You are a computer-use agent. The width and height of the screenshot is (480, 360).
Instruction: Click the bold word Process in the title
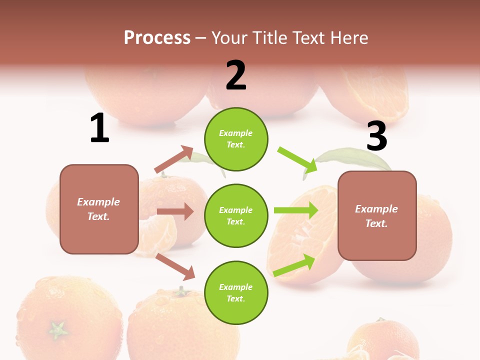point(157,37)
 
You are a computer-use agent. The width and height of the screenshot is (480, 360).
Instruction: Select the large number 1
point(99,128)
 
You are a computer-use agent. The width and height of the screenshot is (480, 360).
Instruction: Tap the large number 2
point(236,75)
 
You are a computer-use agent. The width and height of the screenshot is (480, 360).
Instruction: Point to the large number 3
point(376,136)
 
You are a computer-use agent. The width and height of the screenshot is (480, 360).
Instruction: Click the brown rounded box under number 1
point(99,209)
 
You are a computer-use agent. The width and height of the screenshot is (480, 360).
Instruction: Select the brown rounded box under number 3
point(377,215)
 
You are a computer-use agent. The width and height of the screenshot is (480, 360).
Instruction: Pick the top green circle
point(236,139)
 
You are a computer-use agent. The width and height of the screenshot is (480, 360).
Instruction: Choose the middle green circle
point(236,215)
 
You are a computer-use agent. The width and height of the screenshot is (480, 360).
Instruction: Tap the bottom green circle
point(236,292)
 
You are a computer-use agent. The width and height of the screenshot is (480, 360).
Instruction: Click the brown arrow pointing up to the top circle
point(174,159)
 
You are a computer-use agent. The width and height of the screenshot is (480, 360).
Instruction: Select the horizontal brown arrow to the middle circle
point(175,211)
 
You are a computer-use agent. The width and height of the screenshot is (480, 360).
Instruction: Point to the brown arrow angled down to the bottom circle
point(175,266)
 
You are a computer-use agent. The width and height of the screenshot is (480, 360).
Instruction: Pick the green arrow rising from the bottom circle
point(294,265)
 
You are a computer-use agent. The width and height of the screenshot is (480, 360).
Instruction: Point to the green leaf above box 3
point(350,158)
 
